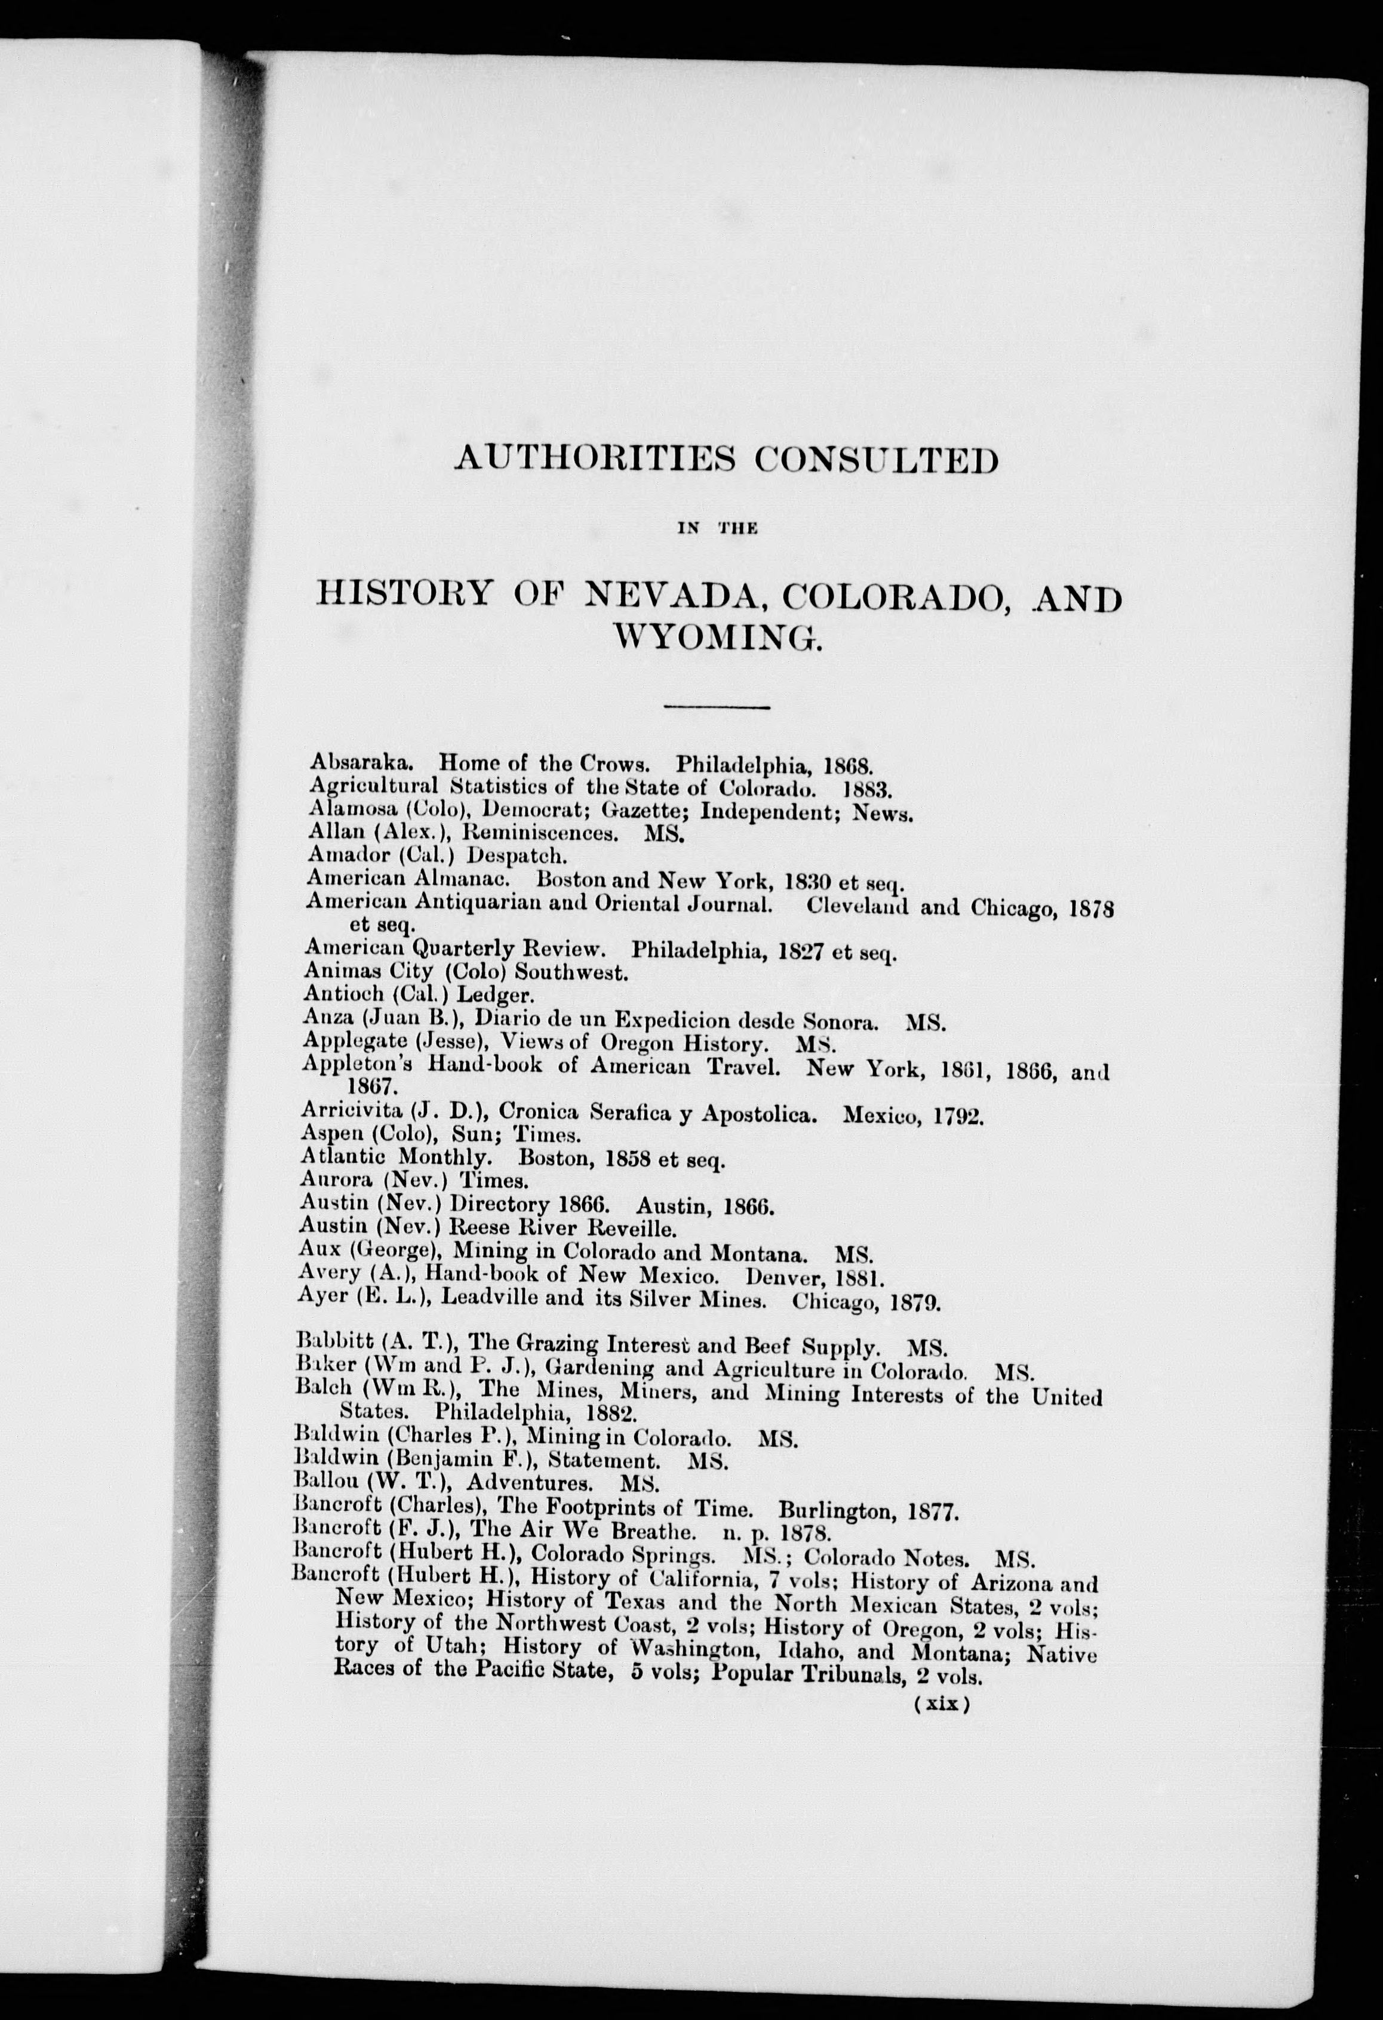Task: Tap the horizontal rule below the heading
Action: coord(717,707)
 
